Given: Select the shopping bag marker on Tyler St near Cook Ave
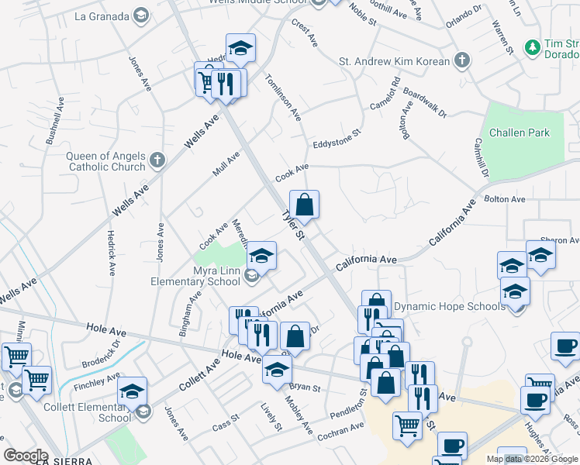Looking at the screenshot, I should (x=305, y=205).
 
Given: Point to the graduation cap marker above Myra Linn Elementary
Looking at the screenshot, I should (x=262, y=256).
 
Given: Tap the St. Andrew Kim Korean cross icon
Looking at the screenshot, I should (x=461, y=60).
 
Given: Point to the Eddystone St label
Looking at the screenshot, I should (x=337, y=139).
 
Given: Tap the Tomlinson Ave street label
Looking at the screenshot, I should (x=282, y=97).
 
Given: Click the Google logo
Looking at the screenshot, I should (x=26, y=455).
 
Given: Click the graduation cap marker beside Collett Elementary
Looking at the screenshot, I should (x=133, y=391).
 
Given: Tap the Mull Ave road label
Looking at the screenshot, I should (x=226, y=164).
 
